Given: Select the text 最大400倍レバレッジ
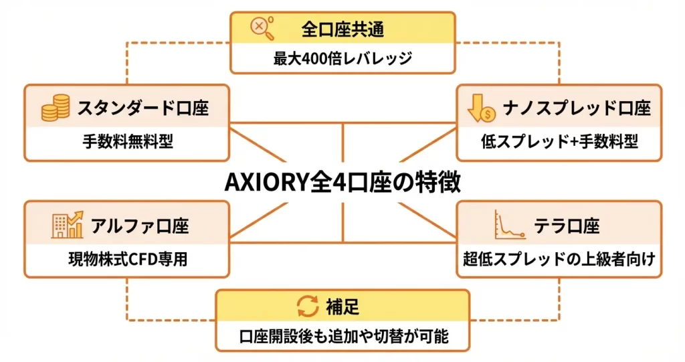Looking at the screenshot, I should point(342,58).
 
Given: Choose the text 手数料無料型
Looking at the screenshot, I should point(127,142).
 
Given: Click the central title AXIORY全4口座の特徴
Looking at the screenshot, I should point(342,182).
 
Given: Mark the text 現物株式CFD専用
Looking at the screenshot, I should point(127,259).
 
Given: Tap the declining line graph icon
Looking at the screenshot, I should point(506,225).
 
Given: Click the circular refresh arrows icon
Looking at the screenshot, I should point(307,306).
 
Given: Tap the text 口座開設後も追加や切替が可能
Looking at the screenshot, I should point(343,337).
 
